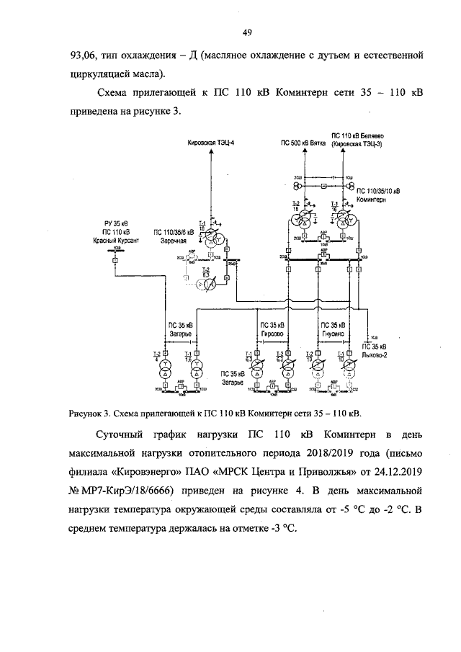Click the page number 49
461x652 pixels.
[x=246, y=31]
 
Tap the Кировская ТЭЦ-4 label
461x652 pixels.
[x=211, y=143]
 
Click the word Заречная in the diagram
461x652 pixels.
[x=168, y=241]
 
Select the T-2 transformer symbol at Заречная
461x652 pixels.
[x=207, y=285]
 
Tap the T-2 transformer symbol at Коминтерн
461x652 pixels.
[x=308, y=220]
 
